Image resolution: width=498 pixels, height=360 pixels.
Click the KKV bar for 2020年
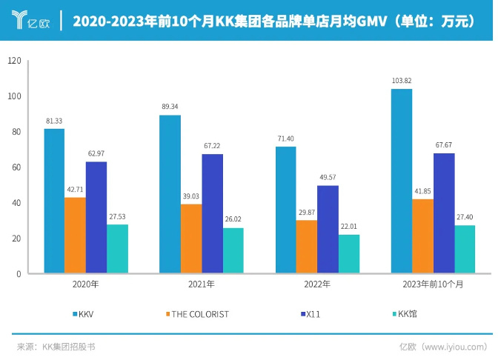54,201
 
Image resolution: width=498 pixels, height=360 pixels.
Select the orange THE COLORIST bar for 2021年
190,239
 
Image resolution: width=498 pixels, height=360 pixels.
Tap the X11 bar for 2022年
328,229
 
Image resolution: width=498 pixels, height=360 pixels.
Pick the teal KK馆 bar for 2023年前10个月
465,249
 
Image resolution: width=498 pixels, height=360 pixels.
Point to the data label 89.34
170,107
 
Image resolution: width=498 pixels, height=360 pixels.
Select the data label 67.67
444,145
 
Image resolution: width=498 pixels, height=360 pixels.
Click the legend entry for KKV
86,314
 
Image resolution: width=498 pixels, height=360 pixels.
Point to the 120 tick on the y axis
14,61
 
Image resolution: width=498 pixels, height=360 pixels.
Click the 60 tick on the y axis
16,167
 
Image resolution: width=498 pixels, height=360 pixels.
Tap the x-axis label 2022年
316,284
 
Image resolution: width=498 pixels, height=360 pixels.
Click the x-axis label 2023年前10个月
434,284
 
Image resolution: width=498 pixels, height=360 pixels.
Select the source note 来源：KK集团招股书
56,346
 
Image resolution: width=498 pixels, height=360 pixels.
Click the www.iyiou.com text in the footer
453,346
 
